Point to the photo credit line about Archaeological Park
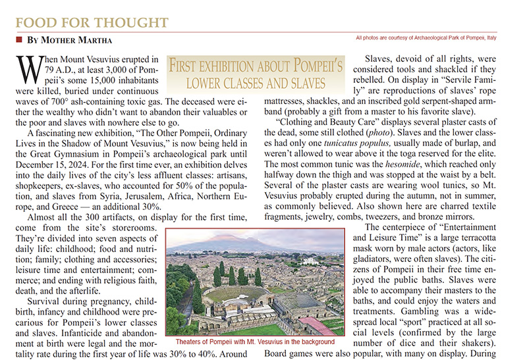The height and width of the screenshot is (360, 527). tap(438, 38)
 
